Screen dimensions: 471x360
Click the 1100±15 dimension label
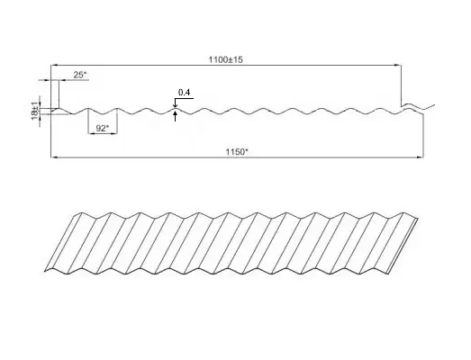pos(225,59)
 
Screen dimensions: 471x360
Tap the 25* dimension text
pos(79,75)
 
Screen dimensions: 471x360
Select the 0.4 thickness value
pos(184,92)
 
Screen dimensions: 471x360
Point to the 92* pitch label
pos(103,128)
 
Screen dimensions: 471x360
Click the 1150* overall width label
pos(237,151)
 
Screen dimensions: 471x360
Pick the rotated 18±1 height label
pos(35,111)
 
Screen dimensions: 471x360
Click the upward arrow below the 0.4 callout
pos(175,116)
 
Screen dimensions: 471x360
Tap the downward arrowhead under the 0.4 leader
pos(175,105)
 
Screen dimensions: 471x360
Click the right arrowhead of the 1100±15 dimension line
pos(398,65)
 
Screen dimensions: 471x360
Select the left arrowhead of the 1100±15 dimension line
pos(54,65)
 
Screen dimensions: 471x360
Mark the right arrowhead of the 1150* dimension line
pos(421,157)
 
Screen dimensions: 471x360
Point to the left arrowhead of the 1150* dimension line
pos(54,157)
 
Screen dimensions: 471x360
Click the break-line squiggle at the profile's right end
pos(419,106)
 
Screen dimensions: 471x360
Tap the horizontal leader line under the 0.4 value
pos(184,98)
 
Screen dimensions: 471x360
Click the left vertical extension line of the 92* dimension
pos(88,121)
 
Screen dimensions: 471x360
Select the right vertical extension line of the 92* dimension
pos(117,121)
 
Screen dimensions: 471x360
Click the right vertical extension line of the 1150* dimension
pos(423,136)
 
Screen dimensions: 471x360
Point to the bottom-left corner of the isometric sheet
pos(44,272)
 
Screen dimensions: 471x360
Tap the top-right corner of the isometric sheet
pos(418,219)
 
